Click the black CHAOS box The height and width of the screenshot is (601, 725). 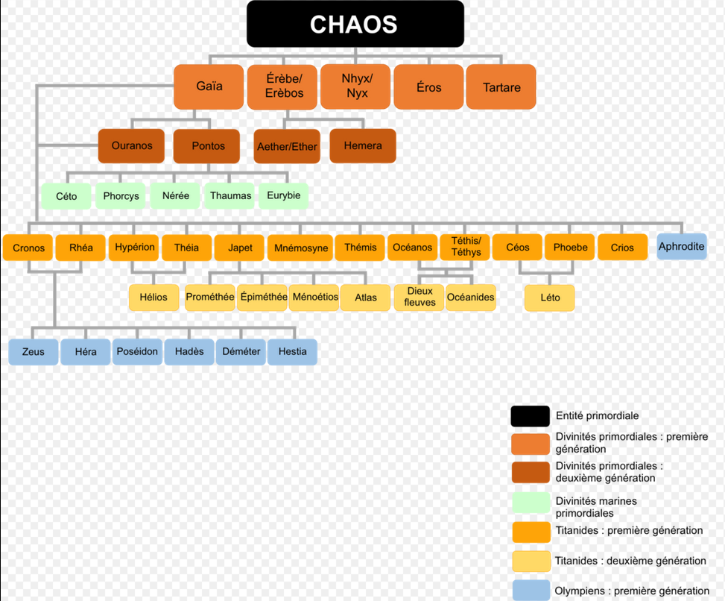click(355, 24)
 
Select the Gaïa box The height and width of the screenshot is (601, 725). click(209, 86)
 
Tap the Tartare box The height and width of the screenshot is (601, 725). click(501, 87)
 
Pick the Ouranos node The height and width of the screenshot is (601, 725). click(131, 146)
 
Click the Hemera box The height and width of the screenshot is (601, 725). click(363, 146)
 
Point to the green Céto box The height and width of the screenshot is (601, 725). click(66, 196)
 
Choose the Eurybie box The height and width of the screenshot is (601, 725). click(283, 196)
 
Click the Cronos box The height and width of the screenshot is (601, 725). click(28, 248)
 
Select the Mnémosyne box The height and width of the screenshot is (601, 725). click(301, 248)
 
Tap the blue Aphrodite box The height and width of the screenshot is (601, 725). click(681, 247)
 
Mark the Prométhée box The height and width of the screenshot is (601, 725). click(210, 297)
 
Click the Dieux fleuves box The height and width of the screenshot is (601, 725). click(420, 297)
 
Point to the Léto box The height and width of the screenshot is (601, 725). click(550, 298)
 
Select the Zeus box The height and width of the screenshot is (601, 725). click(34, 352)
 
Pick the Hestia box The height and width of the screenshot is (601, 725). click(292, 352)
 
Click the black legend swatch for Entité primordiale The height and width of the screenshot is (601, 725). click(531, 416)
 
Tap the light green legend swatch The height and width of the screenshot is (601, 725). click(531, 505)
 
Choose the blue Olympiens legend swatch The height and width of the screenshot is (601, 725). click(531, 591)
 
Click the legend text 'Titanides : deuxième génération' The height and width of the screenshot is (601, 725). click(630, 561)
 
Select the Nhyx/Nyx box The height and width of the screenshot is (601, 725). click(356, 86)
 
